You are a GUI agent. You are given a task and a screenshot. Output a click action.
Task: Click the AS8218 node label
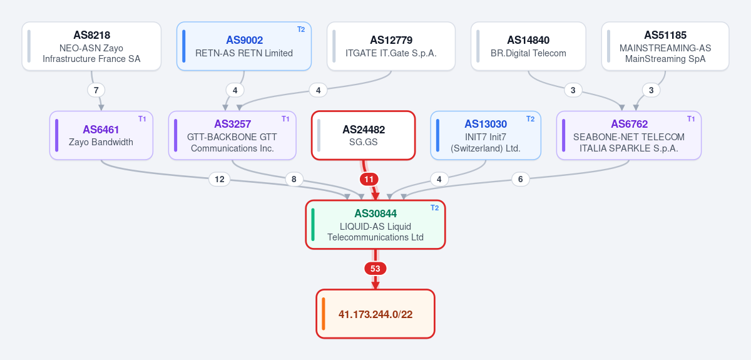pyautogui.click(x=91, y=35)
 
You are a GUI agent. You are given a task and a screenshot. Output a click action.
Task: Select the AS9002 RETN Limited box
pyautogui.click(x=244, y=46)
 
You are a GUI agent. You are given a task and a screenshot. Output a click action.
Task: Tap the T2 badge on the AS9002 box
pyautogui.click(x=301, y=29)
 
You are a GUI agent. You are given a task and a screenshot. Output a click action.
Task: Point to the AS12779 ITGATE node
pyautogui.click(x=391, y=46)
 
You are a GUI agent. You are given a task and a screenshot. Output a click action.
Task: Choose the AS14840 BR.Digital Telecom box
pyautogui.click(x=528, y=46)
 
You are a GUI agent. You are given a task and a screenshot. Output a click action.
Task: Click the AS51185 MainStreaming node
pyautogui.click(x=665, y=46)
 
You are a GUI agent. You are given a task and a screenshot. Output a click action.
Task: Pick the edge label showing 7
pyautogui.click(x=96, y=90)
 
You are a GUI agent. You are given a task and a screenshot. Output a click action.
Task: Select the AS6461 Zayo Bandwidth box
pyautogui.click(x=101, y=135)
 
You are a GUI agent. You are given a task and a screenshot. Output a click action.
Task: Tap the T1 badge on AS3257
pyautogui.click(x=285, y=119)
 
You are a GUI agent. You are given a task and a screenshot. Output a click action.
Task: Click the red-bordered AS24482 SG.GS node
pyautogui.click(x=364, y=135)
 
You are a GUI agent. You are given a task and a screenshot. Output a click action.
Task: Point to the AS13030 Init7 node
pyautogui.click(x=486, y=135)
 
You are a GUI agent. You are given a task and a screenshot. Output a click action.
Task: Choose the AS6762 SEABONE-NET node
pyautogui.click(x=629, y=135)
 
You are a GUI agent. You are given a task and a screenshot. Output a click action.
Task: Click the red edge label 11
pyautogui.click(x=369, y=180)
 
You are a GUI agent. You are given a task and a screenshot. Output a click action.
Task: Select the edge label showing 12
pyautogui.click(x=220, y=179)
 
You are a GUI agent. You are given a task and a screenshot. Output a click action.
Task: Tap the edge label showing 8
pyautogui.click(x=294, y=179)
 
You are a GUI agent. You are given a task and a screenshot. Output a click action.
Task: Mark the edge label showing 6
pyautogui.click(x=520, y=179)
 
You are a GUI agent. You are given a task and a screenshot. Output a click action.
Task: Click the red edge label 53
pyautogui.click(x=375, y=269)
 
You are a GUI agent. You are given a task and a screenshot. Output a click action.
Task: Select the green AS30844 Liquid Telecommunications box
pyautogui.click(x=375, y=225)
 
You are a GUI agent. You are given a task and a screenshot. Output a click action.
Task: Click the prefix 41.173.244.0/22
pyautogui.click(x=375, y=314)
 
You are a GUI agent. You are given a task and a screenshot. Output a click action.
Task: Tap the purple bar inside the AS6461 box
pyautogui.click(x=57, y=135)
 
